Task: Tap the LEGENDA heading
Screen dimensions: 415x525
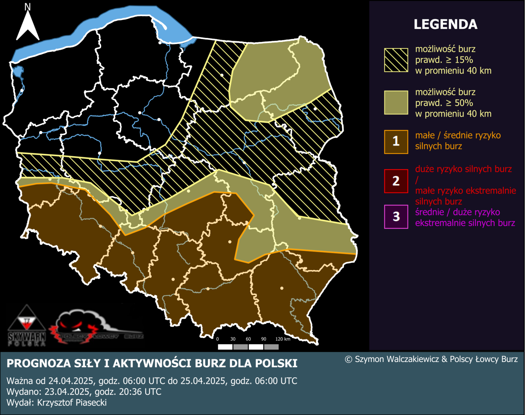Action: click(x=445, y=25)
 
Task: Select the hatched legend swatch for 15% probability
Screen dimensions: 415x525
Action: click(x=396, y=60)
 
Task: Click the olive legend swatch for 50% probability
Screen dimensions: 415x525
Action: click(x=396, y=103)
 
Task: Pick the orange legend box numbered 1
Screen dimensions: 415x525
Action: click(x=396, y=142)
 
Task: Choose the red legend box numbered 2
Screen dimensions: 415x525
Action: click(x=396, y=181)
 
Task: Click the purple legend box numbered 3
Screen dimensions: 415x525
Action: click(x=396, y=216)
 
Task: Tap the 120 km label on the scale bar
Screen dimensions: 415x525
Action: click(x=283, y=339)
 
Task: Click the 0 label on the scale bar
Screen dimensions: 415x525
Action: click(x=218, y=339)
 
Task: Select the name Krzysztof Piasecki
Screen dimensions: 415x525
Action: click(x=72, y=403)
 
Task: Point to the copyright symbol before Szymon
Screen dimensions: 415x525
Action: click(x=348, y=360)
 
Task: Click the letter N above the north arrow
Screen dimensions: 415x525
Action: click(x=28, y=7)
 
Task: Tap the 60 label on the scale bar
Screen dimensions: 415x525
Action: click(x=248, y=339)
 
